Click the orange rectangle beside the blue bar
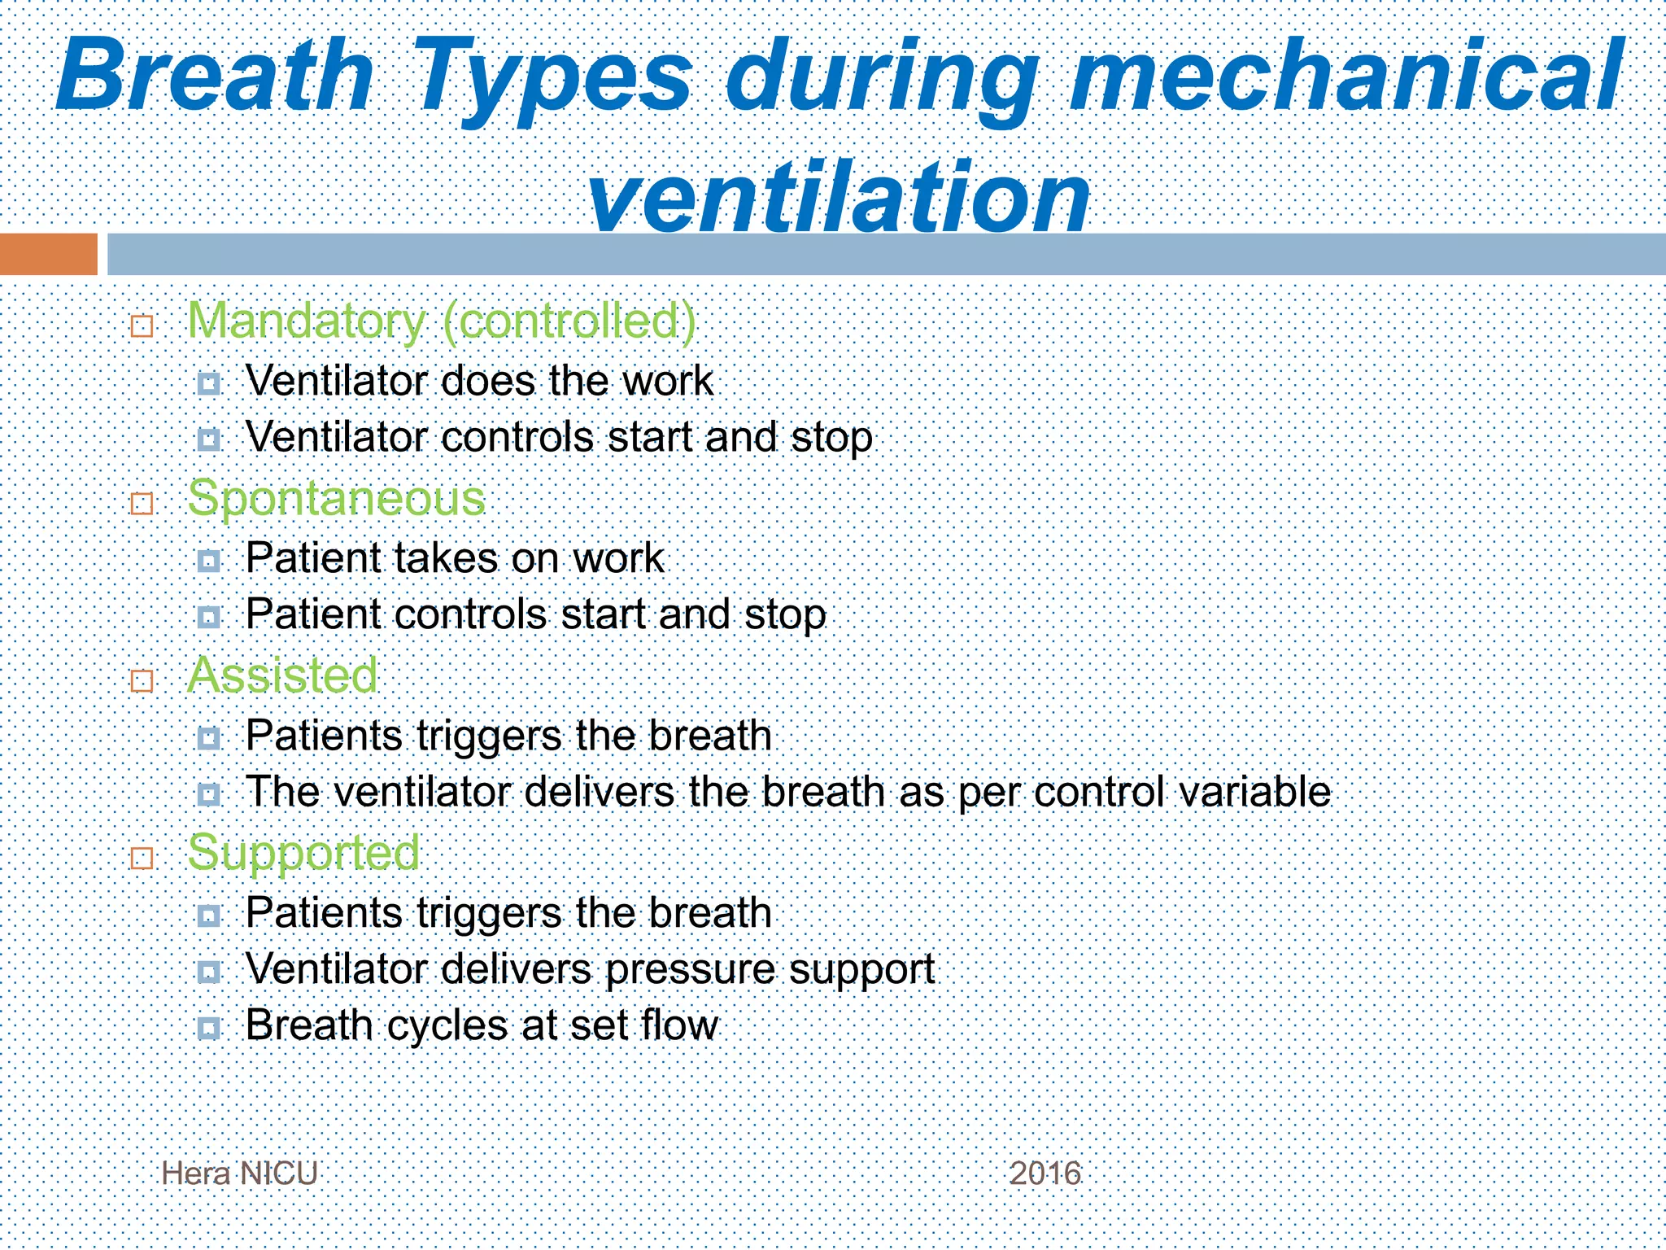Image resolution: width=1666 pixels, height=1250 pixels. (48, 254)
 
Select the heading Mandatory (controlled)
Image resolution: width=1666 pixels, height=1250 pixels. (442, 321)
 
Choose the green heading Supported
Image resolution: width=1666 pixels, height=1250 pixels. (303, 852)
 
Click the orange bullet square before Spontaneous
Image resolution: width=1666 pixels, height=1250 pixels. (142, 504)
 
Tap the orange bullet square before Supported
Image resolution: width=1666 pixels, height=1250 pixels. (142, 858)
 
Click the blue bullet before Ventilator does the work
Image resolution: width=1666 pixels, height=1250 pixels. (209, 383)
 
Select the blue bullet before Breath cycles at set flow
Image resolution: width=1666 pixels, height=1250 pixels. (209, 1028)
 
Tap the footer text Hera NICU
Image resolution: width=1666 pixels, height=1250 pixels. (239, 1174)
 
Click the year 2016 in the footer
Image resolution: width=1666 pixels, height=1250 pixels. (1045, 1174)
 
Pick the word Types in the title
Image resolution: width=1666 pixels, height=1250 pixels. (553, 78)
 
